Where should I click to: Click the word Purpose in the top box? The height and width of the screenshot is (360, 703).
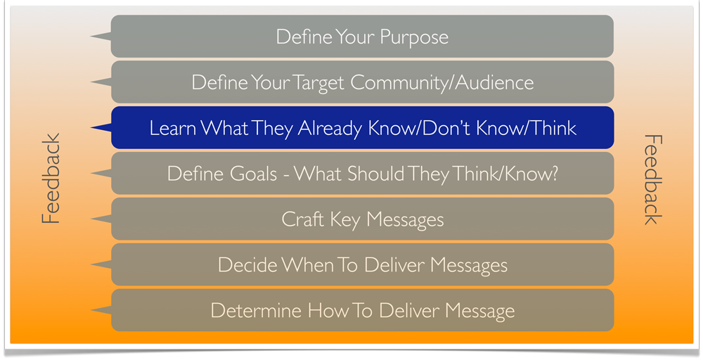click(x=414, y=37)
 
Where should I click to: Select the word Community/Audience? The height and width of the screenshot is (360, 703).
click(x=442, y=83)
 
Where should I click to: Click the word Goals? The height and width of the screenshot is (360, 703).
click(x=253, y=174)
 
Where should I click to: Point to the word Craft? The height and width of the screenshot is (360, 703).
click(x=302, y=219)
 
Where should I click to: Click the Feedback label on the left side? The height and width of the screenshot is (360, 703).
click(x=51, y=179)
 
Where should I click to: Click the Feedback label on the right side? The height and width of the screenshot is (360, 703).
click(x=653, y=179)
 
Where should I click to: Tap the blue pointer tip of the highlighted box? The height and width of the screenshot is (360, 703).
click(x=91, y=128)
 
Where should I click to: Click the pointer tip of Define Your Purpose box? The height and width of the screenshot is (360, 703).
click(x=91, y=36)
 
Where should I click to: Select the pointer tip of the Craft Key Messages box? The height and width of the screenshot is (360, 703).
click(x=91, y=219)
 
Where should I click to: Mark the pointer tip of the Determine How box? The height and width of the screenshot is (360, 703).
click(x=91, y=310)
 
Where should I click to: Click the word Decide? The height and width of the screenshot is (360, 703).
click(x=247, y=265)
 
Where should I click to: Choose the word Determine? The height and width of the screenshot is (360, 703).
click(x=256, y=311)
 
